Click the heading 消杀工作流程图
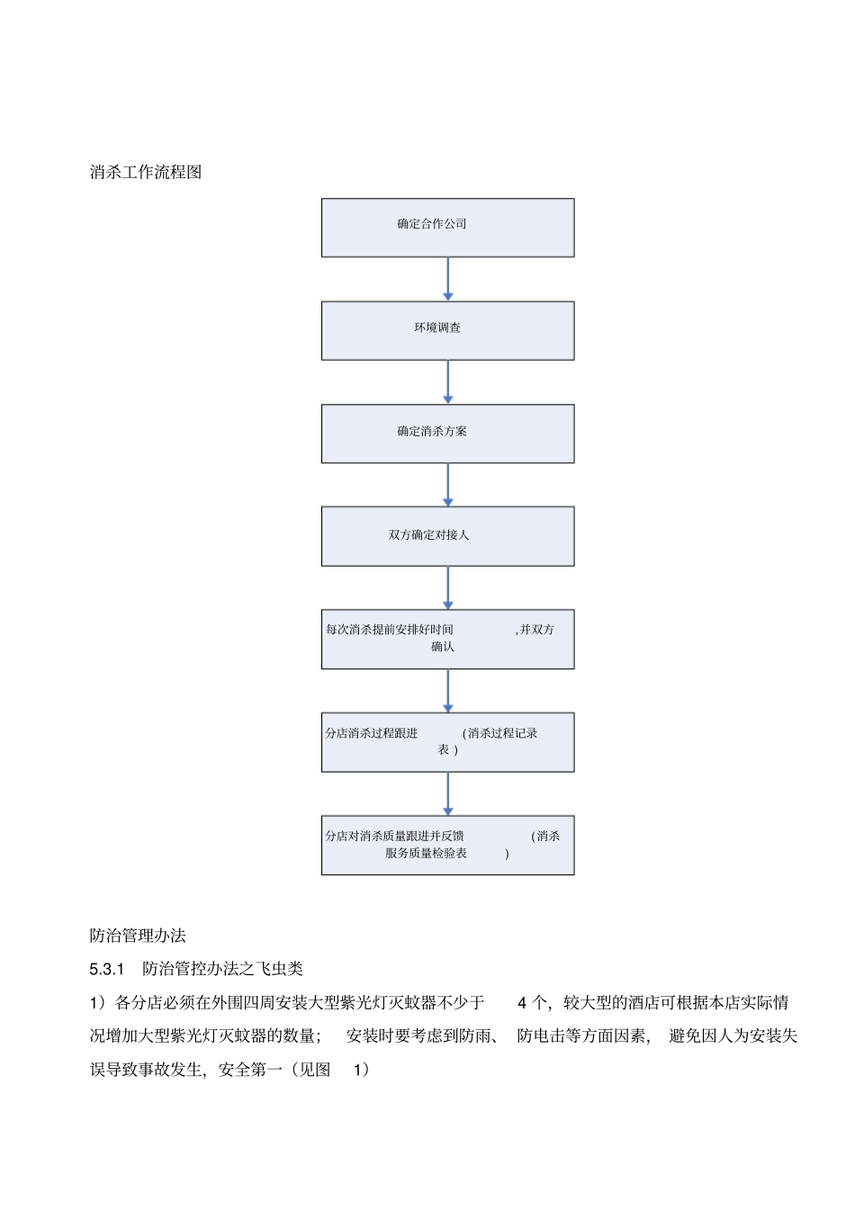146,172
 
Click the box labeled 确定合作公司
447,228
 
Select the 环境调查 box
447,330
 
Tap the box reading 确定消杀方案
447,434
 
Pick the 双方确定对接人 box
447,536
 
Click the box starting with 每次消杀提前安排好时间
447,639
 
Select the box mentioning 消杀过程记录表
447,742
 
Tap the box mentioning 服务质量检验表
447,845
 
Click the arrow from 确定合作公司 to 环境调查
448,279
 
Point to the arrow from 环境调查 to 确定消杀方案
448,382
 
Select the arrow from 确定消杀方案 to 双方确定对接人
448,485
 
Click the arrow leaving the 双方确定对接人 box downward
448,587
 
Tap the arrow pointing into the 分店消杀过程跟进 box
448,691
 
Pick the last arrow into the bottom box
448,793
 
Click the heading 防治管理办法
138,936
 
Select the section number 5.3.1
106,969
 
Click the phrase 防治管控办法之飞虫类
223,969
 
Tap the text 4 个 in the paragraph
531,1002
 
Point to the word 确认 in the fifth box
443,647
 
